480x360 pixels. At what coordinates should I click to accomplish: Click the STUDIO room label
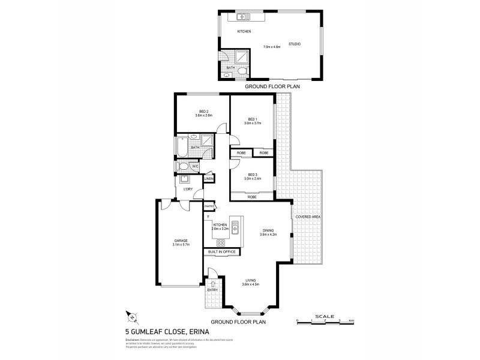(x=294, y=44)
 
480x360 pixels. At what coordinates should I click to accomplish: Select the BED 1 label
(x=252, y=119)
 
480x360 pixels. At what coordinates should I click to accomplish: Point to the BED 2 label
(x=203, y=112)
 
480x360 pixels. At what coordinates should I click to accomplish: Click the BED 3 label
(x=252, y=175)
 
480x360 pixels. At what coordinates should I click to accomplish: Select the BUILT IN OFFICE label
(x=222, y=252)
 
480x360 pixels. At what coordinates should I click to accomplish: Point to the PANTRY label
(x=209, y=207)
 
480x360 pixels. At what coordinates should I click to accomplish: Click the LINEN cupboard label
(x=209, y=179)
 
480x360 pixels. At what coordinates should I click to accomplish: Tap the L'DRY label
(x=187, y=190)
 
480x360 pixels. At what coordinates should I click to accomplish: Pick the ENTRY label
(x=212, y=290)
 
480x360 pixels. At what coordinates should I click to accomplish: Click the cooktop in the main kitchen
(x=221, y=243)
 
